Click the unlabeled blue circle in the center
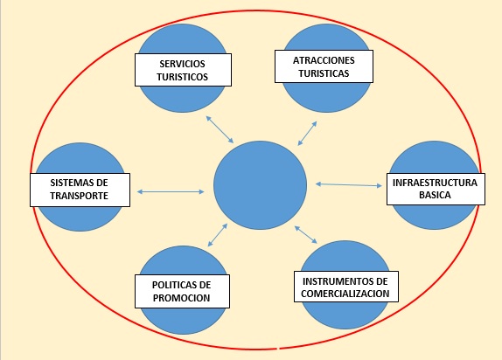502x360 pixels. [x=260, y=185]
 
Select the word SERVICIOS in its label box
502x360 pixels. [x=183, y=64]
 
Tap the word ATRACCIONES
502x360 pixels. [x=324, y=60]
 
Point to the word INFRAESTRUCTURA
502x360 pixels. [x=435, y=183]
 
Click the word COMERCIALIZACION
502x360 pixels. [x=345, y=294]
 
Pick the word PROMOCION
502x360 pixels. [x=181, y=298]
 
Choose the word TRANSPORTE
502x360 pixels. [x=79, y=196]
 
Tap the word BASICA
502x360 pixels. [x=435, y=195]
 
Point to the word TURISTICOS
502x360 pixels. [x=183, y=77]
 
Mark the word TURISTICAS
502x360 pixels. [x=324, y=73]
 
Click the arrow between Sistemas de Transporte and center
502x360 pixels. [x=171, y=191]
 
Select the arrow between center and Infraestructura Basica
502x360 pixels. [x=349, y=184]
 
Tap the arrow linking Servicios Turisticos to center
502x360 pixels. [x=220, y=129]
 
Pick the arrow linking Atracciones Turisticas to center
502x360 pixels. [x=307, y=133]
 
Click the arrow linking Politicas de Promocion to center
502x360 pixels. [x=218, y=235]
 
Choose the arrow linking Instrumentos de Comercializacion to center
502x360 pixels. [x=306, y=234]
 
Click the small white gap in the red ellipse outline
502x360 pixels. [x=278, y=348]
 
